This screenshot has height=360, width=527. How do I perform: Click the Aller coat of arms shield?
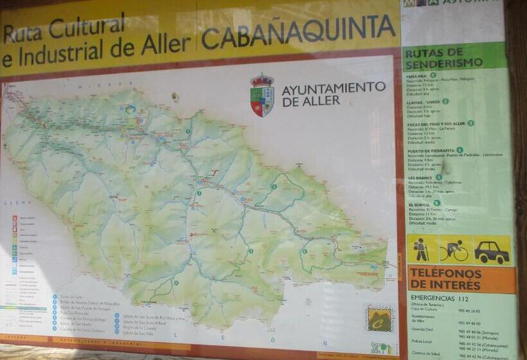[262, 96]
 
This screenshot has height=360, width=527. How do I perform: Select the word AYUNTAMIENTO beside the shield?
[334, 87]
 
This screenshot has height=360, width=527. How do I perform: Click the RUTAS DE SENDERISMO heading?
[444, 57]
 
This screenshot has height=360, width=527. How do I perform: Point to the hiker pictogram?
[422, 249]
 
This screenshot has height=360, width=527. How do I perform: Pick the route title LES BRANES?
[420, 177]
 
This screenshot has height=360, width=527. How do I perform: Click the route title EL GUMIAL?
[420, 203]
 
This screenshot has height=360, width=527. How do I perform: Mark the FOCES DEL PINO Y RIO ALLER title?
[436, 123]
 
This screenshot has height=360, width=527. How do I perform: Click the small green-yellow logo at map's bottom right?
[379, 318]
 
